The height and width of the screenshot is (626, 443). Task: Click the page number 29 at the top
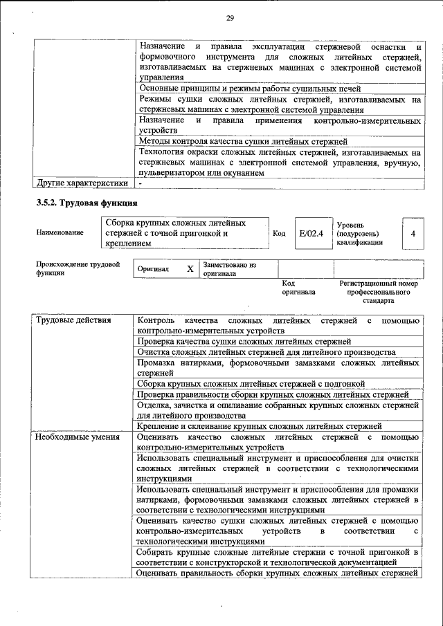pyautogui.click(x=230, y=18)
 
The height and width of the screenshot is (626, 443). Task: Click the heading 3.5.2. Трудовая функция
pyautogui.click(x=87, y=203)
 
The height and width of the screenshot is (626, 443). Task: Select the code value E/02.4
pyautogui.click(x=311, y=233)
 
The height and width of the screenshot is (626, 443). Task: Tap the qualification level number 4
pyautogui.click(x=413, y=233)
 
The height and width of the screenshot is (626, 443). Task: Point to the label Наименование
pyautogui.click(x=60, y=233)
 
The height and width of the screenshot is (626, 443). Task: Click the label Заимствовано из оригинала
pyautogui.click(x=229, y=269)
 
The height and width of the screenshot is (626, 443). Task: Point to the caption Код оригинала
pyautogui.click(x=298, y=288)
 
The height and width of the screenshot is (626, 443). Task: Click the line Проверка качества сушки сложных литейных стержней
pyautogui.click(x=244, y=342)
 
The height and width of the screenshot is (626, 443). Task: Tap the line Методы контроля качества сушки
pyautogui.click(x=242, y=141)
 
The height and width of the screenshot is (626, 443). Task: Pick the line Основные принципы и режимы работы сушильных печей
pyautogui.click(x=250, y=89)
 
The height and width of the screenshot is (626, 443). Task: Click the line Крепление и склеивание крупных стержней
pyautogui.click(x=259, y=425)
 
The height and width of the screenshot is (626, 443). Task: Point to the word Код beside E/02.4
pyautogui.click(x=279, y=233)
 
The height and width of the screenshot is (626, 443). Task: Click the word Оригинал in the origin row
pyautogui.click(x=153, y=269)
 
